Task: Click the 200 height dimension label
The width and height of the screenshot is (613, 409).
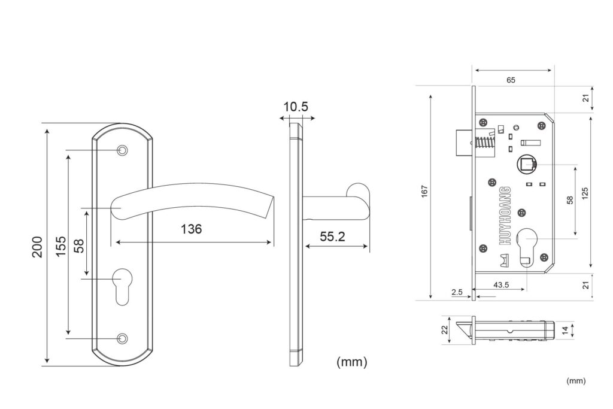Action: (x=37, y=247)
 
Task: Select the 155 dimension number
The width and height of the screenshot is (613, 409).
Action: (x=60, y=246)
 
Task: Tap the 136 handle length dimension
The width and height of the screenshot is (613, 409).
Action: (x=191, y=229)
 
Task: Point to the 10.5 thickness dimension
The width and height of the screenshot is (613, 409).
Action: (x=296, y=107)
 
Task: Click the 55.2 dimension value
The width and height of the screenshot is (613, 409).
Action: (x=333, y=237)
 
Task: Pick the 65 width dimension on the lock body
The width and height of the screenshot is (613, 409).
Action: (x=511, y=80)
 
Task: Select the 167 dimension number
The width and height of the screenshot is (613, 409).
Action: (x=425, y=191)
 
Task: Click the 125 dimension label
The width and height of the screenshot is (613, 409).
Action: (x=585, y=193)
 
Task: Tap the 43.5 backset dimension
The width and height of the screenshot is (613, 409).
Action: (x=501, y=284)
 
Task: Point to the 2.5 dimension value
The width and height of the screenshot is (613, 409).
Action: (x=457, y=292)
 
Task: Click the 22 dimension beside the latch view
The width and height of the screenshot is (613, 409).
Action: (x=445, y=330)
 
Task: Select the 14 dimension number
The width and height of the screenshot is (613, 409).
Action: (x=565, y=331)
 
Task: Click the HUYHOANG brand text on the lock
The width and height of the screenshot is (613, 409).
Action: (x=505, y=216)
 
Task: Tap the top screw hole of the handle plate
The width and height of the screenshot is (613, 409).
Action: (x=123, y=150)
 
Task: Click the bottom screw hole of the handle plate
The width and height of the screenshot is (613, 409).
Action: (x=123, y=338)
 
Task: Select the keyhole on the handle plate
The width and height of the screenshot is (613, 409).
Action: (x=122, y=286)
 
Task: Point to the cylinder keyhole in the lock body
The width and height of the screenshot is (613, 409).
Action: (x=526, y=246)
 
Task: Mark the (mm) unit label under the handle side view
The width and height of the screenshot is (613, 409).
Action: (x=352, y=362)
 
